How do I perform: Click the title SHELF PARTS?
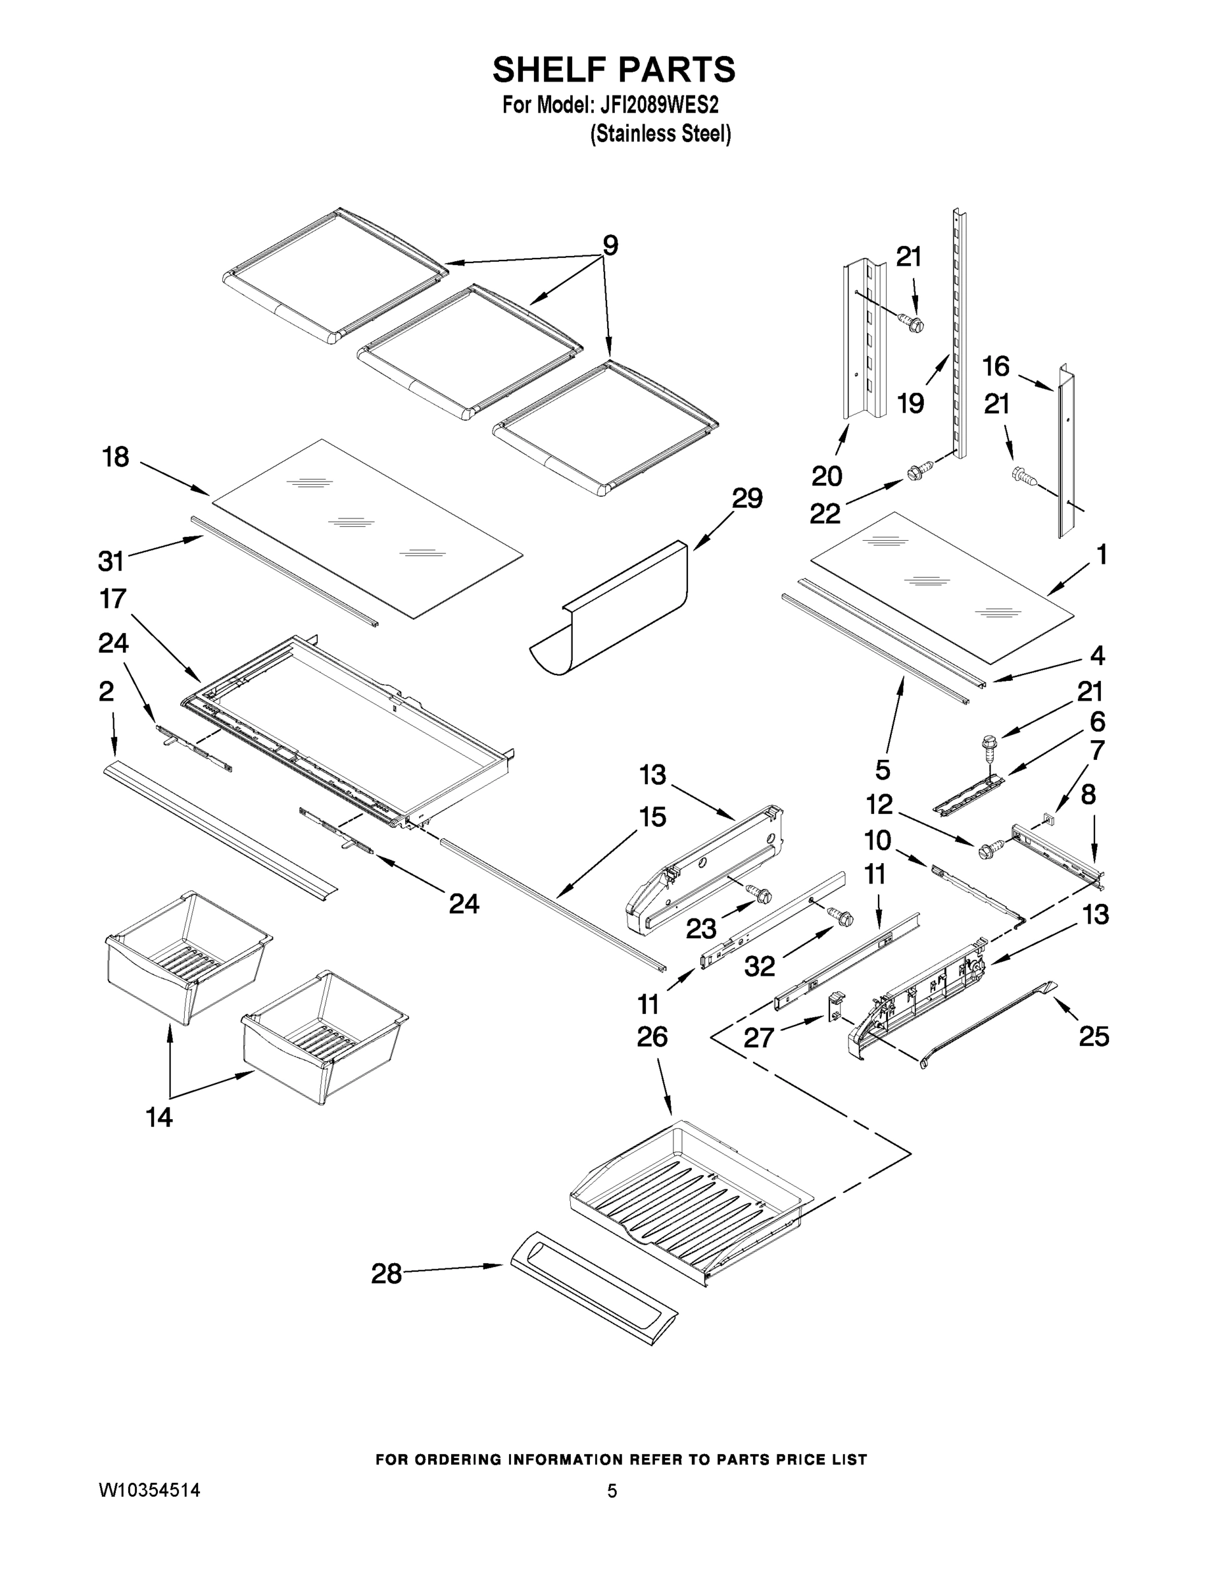pos(614,70)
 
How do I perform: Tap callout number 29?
pos(746,498)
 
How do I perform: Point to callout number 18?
pos(116,457)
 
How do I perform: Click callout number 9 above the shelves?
pos(610,246)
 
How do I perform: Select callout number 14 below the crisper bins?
pos(159,1118)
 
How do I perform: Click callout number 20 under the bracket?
pos(826,476)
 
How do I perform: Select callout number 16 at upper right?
pos(995,366)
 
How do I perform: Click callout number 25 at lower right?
pos(1094,1037)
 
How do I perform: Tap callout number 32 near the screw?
pos(760,966)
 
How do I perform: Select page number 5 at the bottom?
pos(612,1491)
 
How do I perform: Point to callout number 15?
pos(652,818)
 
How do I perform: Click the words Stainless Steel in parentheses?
pos(660,134)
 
